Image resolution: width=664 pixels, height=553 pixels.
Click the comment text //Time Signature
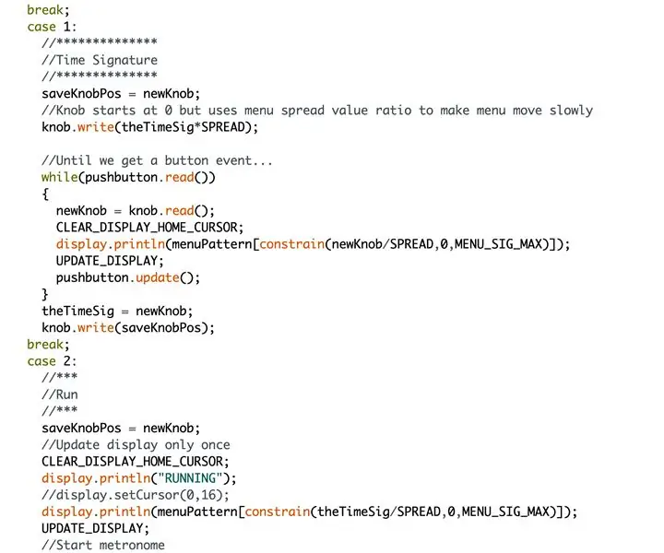click(x=100, y=60)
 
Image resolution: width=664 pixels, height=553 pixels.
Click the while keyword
click(x=59, y=177)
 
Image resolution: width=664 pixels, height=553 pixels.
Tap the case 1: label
click(x=52, y=27)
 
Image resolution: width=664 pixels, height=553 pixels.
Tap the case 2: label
click(x=52, y=361)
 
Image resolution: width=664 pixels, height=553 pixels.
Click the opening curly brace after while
click(x=45, y=194)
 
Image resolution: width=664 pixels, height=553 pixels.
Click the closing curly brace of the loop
click(x=45, y=294)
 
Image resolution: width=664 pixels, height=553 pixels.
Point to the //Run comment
click(x=60, y=394)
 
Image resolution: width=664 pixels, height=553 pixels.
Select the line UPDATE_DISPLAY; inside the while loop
click(x=110, y=261)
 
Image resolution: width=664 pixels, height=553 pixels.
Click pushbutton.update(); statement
click(x=128, y=277)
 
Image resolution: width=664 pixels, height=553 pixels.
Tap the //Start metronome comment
click(x=103, y=545)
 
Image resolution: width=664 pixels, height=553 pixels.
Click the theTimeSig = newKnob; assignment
click(x=117, y=311)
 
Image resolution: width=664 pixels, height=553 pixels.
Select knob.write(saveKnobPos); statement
click(x=128, y=327)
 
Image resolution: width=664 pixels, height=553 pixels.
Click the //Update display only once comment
click(x=136, y=444)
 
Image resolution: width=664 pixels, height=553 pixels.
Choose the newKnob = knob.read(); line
click(x=135, y=211)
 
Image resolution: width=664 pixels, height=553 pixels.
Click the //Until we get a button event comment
click(x=157, y=160)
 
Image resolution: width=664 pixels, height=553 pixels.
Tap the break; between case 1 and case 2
click(x=48, y=345)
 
